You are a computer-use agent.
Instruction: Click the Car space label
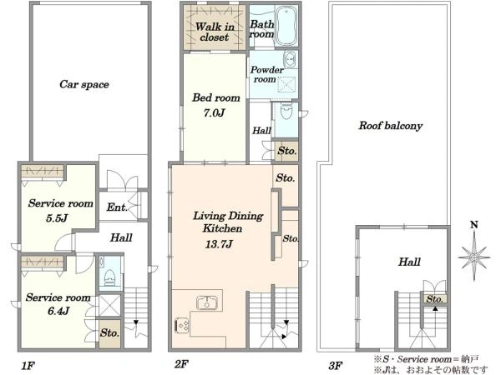point(84,84)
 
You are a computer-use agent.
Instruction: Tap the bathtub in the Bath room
point(286,26)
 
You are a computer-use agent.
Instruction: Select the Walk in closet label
point(215,32)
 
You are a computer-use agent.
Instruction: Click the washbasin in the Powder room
point(290,59)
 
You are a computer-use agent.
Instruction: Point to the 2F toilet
point(286,111)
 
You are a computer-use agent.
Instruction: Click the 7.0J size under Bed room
point(214,112)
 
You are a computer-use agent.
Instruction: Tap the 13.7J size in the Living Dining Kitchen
point(219,244)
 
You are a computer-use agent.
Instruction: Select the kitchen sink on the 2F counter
point(207,302)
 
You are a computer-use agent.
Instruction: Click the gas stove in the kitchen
point(182,325)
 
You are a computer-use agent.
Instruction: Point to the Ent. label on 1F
point(117,207)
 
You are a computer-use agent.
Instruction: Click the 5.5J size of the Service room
point(57,218)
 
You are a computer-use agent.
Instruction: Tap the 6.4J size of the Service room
point(58,311)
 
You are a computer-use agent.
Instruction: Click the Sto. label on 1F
point(109,332)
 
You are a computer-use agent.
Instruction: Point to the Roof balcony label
point(391,126)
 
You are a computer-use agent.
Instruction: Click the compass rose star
point(474,257)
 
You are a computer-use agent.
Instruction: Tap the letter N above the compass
point(474,225)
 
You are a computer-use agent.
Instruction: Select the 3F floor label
point(336,366)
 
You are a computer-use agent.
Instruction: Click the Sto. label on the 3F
point(435,299)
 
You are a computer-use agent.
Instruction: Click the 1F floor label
point(28,366)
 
